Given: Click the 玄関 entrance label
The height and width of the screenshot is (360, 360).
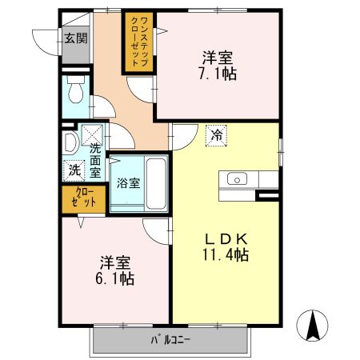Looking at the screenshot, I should [x=76, y=38].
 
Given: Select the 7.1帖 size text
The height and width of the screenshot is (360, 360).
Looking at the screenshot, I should [x=218, y=73].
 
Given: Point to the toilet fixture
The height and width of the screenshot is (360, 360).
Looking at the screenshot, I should [x=75, y=94].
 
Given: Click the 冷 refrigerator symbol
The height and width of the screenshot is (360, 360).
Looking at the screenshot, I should [x=216, y=135].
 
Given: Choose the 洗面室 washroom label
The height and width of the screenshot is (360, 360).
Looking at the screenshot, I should [x=95, y=159].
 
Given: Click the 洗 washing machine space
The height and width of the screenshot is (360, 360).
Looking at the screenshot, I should [x=73, y=170].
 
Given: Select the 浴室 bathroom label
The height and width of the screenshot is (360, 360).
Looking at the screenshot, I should [x=128, y=182].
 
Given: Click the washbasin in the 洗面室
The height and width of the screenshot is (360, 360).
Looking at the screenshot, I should [x=69, y=143].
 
